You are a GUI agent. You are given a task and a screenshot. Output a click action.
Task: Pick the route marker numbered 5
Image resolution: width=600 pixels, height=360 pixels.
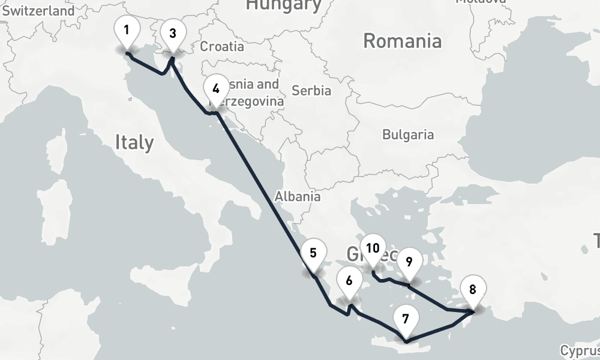(x=313, y=253)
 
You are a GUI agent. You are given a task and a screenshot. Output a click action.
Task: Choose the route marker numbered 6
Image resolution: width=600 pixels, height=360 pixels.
(x=349, y=280)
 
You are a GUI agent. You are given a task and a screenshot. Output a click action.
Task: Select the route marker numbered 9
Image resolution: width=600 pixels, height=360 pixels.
(x=409, y=262)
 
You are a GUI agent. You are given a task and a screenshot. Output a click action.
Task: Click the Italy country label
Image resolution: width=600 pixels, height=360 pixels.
(x=134, y=142)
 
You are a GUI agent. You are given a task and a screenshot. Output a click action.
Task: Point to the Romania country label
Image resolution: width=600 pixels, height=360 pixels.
(x=403, y=41)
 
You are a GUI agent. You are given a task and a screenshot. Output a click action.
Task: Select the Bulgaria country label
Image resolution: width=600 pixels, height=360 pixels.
(x=408, y=134)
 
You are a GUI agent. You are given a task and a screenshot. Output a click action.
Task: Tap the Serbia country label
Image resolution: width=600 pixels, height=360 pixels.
(x=311, y=91)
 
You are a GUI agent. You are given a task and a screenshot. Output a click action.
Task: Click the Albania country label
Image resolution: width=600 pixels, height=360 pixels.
(x=298, y=196)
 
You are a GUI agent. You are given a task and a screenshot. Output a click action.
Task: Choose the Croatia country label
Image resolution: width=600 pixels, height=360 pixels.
(x=222, y=46)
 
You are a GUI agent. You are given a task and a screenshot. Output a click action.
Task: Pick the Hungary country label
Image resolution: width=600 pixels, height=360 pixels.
(x=284, y=5)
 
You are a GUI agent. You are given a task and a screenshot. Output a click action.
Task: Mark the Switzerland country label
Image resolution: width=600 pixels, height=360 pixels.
(x=38, y=11)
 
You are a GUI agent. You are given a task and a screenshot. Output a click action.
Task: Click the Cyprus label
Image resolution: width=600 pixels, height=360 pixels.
(x=580, y=350)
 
